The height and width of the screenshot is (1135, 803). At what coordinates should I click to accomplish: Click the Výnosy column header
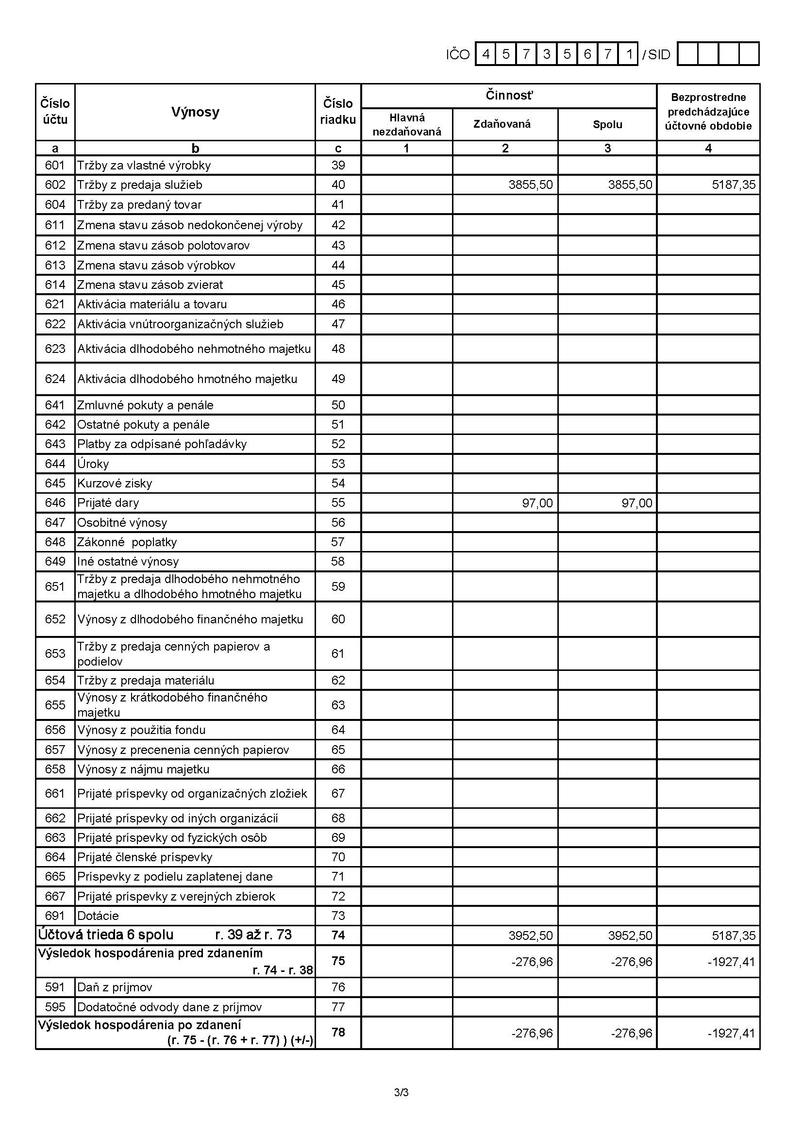[195, 112]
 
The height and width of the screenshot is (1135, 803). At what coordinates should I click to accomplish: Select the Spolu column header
[607, 125]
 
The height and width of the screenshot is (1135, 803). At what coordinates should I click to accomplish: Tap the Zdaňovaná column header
[502, 124]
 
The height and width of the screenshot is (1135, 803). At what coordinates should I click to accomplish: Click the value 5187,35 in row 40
[733, 185]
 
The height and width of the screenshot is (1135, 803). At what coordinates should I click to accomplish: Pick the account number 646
[55, 503]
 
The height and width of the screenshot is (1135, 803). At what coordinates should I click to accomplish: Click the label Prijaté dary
[108, 503]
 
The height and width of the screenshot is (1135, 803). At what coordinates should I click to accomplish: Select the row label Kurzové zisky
[114, 484]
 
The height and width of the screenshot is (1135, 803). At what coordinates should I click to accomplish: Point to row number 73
[338, 916]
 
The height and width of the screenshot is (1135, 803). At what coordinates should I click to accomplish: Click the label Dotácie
[98, 916]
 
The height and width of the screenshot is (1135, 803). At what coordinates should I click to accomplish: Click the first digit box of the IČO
[485, 54]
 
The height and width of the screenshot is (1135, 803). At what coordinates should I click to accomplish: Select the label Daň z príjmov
[115, 987]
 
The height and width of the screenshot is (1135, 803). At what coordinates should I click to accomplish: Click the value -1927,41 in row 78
[732, 1033]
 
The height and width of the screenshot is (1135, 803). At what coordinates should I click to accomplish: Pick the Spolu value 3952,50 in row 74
[630, 936]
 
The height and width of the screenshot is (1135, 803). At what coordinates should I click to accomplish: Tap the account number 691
[55, 916]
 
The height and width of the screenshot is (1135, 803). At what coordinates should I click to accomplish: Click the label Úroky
[93, 464]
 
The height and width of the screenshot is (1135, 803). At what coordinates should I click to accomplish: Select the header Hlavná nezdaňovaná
[406, 125]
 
